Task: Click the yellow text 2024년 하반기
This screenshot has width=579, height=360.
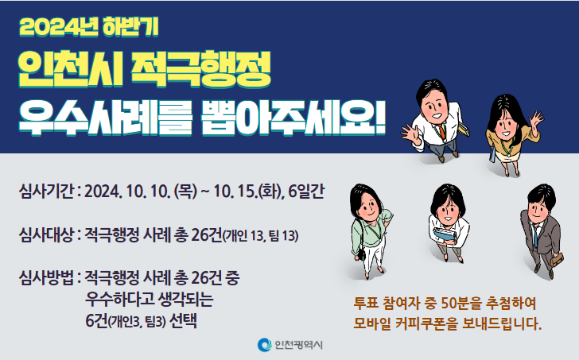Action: [x=89, y=27]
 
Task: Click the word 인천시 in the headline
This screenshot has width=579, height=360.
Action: [x=70, y=69]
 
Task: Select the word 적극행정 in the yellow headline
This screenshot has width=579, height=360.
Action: [x=200, y=69]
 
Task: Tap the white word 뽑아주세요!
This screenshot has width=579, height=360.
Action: [x=293, y=117]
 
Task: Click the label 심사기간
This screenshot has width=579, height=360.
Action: [x=46, y=192]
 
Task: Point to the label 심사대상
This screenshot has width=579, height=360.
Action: [x=46, y=235]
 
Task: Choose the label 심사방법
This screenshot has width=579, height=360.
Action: [x=46, y=277]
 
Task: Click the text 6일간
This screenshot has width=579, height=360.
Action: [x=306, y=192]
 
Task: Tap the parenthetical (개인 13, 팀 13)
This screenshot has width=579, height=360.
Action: [x=261, y=236]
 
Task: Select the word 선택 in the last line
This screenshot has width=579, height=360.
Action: [x=183, y=321]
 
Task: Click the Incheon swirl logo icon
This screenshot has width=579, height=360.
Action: [x=264, y=345]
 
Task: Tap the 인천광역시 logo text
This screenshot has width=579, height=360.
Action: [x=299, y=345]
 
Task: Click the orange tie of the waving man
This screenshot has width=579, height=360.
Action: [x=441, y=131]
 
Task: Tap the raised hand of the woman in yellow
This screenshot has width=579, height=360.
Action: [x=535, y=118]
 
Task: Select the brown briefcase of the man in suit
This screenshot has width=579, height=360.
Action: [x=558, y=259]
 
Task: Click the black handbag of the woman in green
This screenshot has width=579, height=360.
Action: [x=362, y=254]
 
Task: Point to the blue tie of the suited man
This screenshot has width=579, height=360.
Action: [x=535, y=236]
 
